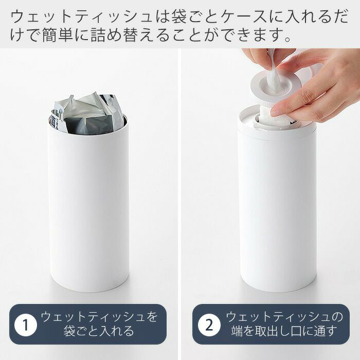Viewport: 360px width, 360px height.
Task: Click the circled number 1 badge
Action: [26, 325]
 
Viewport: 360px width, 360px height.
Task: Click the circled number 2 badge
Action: [209, 325]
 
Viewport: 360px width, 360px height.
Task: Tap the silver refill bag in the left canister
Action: [88, 114]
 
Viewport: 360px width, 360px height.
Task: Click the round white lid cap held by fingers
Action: [273, 85]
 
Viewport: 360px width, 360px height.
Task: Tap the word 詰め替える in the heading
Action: [131, 36]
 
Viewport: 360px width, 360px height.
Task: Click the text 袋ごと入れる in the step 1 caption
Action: [99, 331]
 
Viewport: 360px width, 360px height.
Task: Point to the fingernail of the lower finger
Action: [276, 112]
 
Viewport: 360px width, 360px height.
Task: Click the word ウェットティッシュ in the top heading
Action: [81, 17]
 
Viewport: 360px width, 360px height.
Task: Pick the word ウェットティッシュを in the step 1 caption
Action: [99, 317]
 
